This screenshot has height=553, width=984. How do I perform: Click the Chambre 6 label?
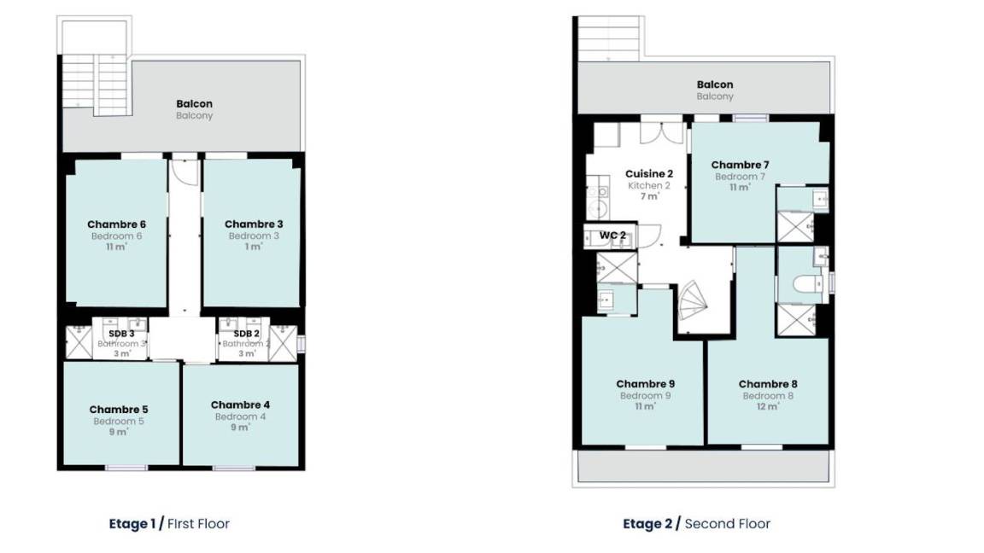pyautogui.click(x=116, y=224)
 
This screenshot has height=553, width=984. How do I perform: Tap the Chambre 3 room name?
pyautogui.click(x=254, y=224)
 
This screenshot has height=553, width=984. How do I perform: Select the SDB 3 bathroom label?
pyautogui.click(x=122, y=334)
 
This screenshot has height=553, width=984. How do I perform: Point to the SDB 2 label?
pyautogui.click(x=247, y=334)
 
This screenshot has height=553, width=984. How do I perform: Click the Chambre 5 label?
pyautogui.click(x=119, y=410)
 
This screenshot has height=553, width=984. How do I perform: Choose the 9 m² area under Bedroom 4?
pyautogui.click(x=240, y=428)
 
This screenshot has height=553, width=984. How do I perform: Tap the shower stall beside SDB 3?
pyautogui.click(x=79, y=343)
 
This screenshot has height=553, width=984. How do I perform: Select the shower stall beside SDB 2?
pyautogui.click(x=283, y=343)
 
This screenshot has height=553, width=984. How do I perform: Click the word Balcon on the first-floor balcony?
pyautogui.click(x=194, y=103)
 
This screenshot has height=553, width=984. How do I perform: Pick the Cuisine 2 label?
pyautogui.click(x=649, y=174)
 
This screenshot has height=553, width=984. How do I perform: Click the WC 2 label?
pyautogui.click(x=612, y=236)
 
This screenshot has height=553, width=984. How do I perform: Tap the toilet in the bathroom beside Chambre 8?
pyautogui.click(x=808, y=285)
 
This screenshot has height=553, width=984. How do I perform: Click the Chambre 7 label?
pyautogui.click(x=740, y=165)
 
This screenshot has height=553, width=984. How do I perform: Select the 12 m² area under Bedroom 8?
pyautogui.click(x=768, y=406)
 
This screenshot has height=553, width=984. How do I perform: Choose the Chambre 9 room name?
pyautogui.click(x=645, y=384)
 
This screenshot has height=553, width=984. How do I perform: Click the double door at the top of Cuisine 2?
pyautogui.click(x=661, y=131)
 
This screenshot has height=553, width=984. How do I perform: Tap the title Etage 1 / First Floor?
pyautogui.click(x=169, y=523)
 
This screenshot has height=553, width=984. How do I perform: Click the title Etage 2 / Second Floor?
pyautogui.click(x=697, y=523)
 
